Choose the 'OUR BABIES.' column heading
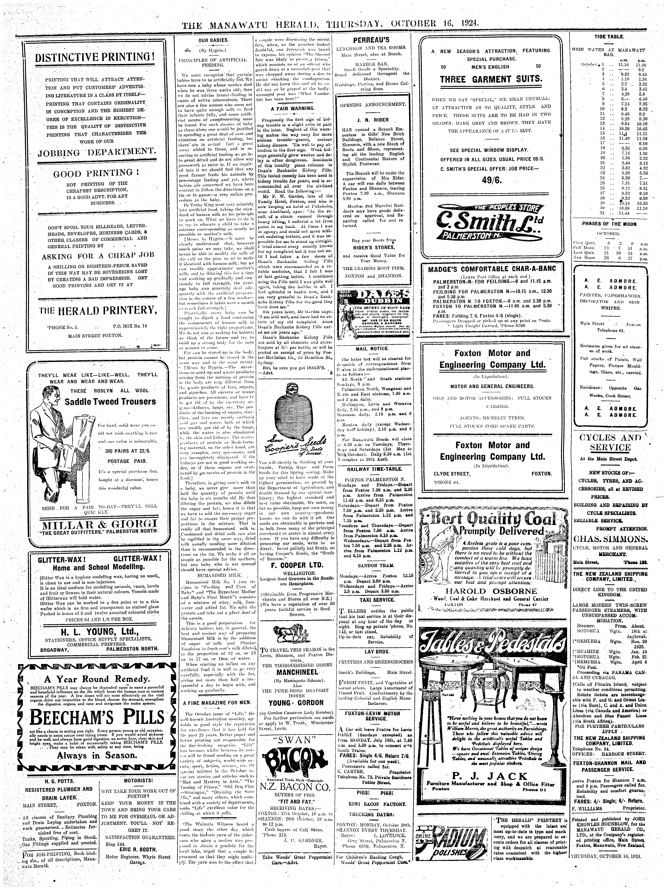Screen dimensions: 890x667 [x=214, y=40]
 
